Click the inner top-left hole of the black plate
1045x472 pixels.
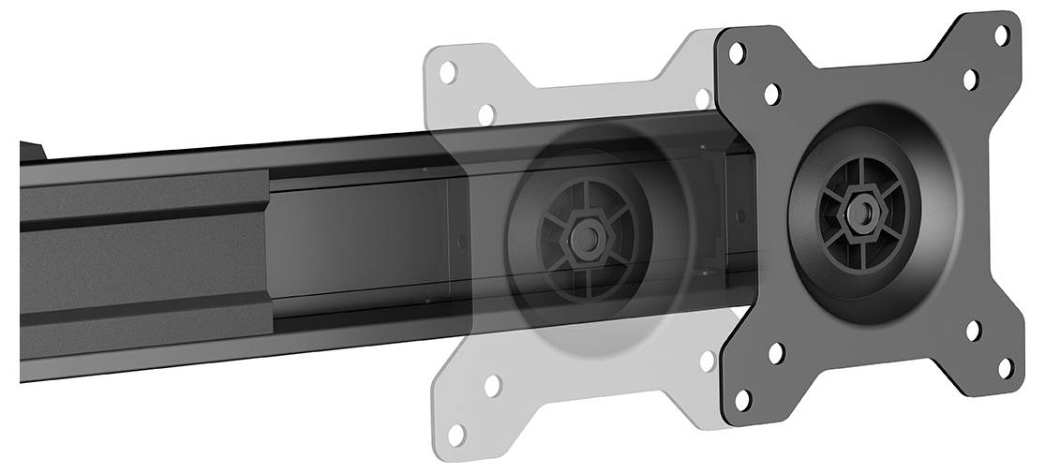[772, 94]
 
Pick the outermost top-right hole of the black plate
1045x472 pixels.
[1002, 36]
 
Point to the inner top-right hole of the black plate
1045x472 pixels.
[970, 80]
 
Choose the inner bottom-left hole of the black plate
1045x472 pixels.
[776, 353]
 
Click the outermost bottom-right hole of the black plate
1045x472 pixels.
[1006, 367]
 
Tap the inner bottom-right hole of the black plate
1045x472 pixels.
[974, 330]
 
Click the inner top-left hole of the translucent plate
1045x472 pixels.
[485, 114]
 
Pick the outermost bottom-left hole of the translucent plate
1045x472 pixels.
[456, 435]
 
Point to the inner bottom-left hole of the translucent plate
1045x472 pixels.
[491, 384]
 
